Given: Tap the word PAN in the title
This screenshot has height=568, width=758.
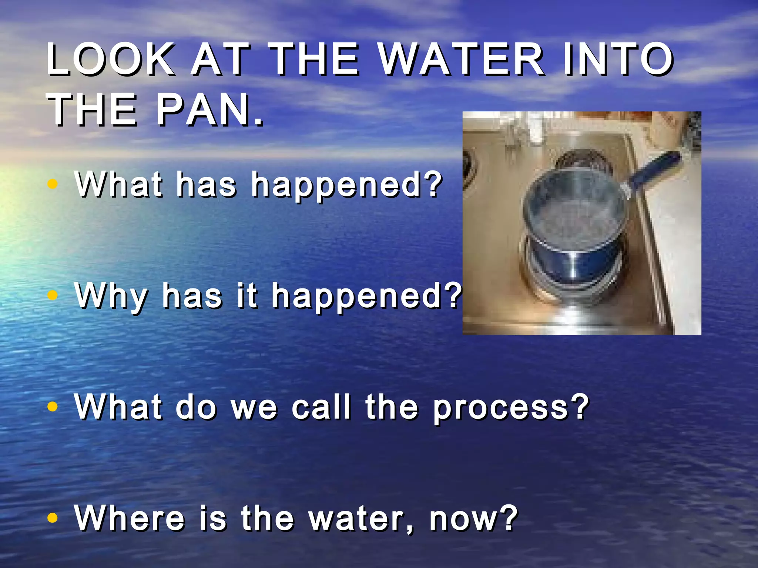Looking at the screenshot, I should [x=209, y=110].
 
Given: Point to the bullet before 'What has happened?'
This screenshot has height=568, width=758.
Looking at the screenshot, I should [x=53, y=184].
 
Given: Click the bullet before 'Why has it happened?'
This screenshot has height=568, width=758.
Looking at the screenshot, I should [x=53, y=295].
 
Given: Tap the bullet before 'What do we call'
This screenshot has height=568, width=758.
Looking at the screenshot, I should [x=53, y=406].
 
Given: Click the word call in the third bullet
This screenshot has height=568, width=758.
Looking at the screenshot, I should [x=321, y=407].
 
